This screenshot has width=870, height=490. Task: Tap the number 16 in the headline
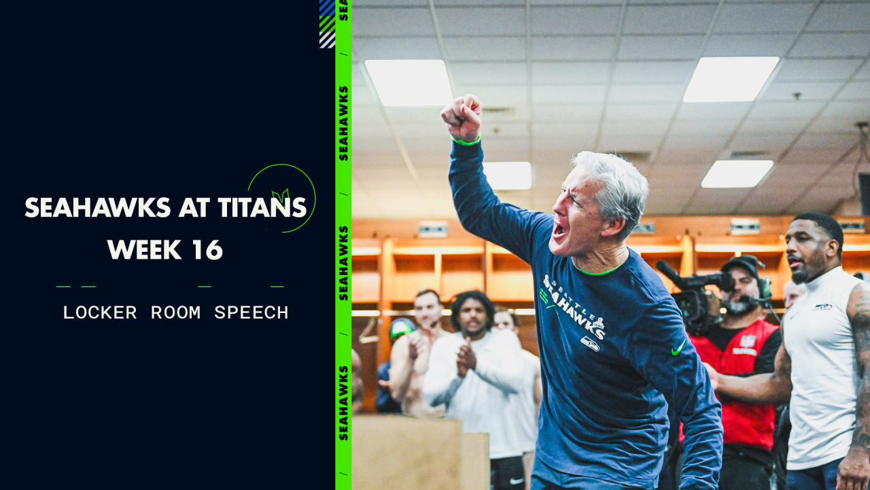[207, 250]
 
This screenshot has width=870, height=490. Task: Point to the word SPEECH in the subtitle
[251, 312]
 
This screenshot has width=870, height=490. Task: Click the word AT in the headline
[192, 208]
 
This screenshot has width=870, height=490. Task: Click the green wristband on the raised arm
[466, 141]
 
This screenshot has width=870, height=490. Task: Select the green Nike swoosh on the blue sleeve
[678, 349]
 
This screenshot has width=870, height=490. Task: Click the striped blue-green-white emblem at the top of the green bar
[327, 23]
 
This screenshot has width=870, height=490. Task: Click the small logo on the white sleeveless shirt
[823, 307]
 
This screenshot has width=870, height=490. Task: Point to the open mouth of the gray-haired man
[559, 229]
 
